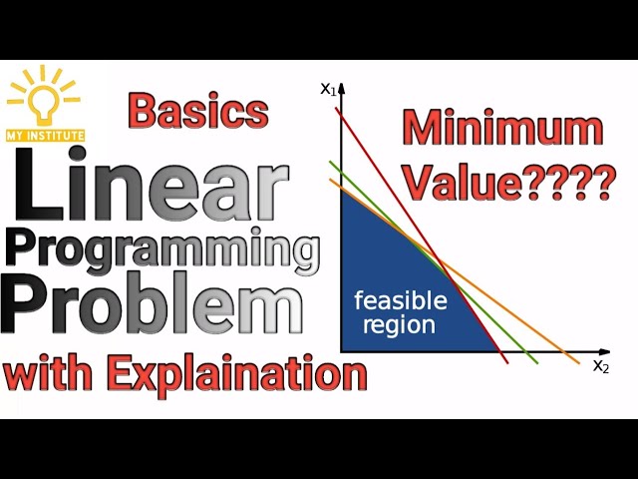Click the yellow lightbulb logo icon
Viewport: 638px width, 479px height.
[x=44, y=101]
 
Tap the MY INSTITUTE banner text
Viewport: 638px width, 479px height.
[x=45, y=134]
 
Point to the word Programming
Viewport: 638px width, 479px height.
[x=163, y=249]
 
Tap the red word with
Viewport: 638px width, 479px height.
[x=49, y=375]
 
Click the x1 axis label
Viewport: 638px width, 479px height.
[x=327, y=89]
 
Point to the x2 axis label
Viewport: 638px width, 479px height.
[x=601, y=365]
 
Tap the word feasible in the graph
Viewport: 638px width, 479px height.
[x=402, y=301]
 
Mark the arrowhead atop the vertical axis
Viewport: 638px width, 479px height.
[x=341, y=88]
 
